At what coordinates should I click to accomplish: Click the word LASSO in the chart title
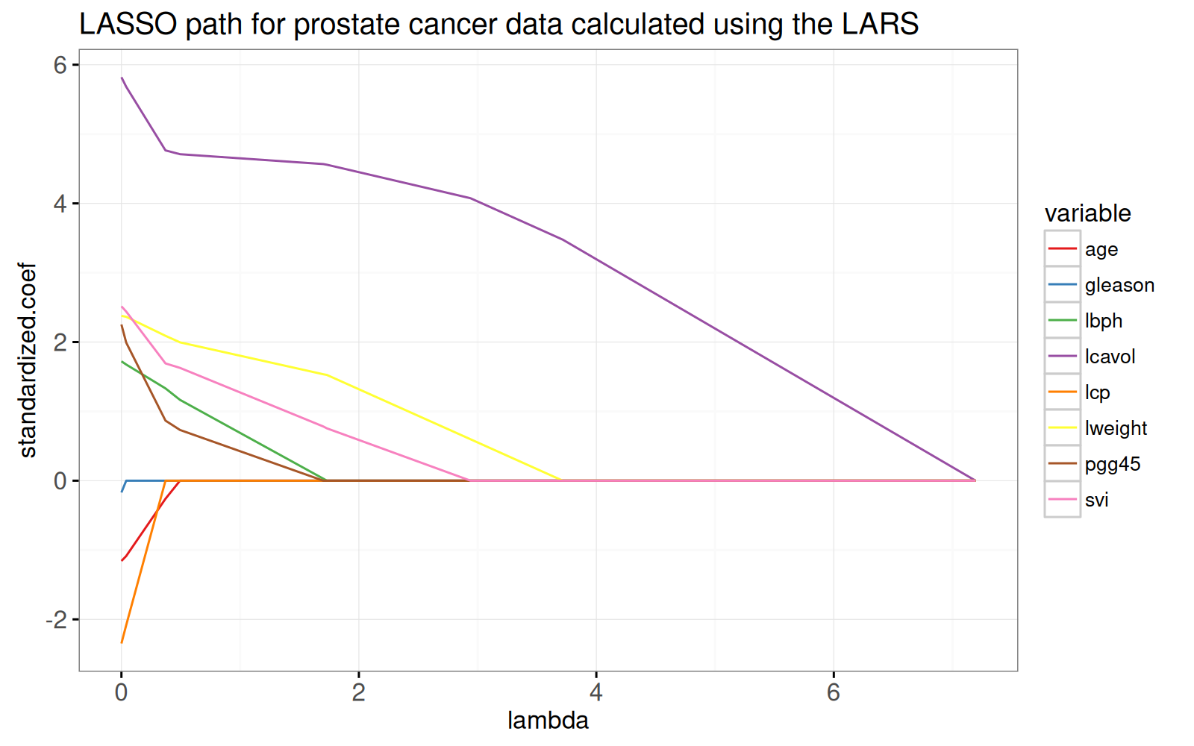[x=128, y=25]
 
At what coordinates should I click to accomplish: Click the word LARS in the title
[x=880, y=25]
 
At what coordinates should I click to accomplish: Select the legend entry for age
[x=1101, y=249]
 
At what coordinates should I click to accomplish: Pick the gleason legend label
[x=1119, y=285]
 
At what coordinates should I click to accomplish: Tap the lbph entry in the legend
[x=1104, y=321]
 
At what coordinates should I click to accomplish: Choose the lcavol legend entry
[x=1110, y=357]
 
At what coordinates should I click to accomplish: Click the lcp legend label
[x=1098, y=392]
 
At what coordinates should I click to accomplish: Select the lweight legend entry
[x=1116, y=428]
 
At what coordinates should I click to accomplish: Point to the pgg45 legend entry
[x=1113, y=464]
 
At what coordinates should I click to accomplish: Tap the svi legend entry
[x=1097, y=500]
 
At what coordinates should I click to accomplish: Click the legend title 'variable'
[x=1087, y=213]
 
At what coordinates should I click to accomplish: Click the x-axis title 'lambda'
[x=548, y=720]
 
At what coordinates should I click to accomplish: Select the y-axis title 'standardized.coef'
[x=28, y=360]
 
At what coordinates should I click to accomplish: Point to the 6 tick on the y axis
[x=60, y=65]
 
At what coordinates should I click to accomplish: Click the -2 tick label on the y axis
[x=56, y=619]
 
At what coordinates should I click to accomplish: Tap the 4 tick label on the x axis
[x=596, y=692]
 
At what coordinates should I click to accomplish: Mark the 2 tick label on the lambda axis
[x=358, y=692]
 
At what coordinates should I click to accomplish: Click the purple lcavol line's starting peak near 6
[x=122, y=78]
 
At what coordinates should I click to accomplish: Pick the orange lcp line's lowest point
[x=122, y=642]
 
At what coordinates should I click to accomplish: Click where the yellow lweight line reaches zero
[x=560, y=480]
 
